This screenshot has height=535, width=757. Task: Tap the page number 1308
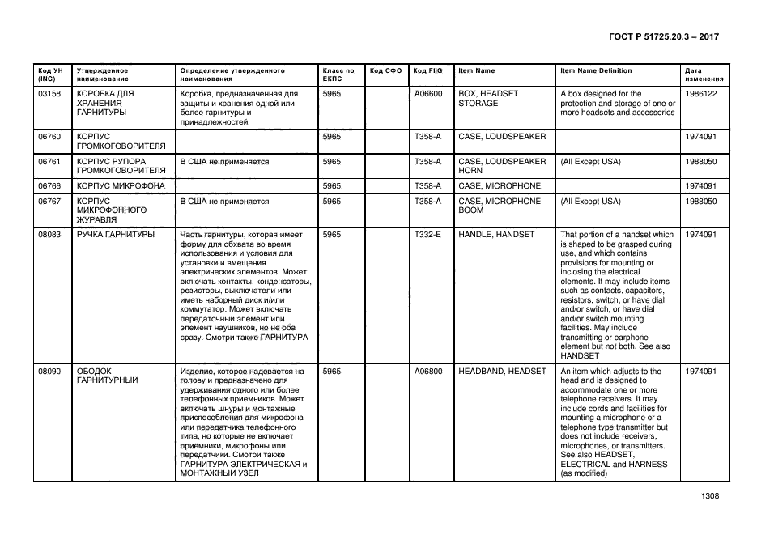coord(710,497)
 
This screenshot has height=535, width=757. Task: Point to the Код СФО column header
coord(385,70)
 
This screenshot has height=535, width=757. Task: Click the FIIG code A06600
coord(427,94)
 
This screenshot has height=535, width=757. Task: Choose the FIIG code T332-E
coord(427,235)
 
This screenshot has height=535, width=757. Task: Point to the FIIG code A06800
coord(427,372)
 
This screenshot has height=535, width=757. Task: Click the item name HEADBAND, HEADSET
coord(502,372)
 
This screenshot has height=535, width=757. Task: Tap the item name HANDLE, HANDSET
coord(496,235)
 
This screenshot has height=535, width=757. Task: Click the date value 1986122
coord(700,94)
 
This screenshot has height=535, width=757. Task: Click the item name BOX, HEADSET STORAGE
coord(488,99)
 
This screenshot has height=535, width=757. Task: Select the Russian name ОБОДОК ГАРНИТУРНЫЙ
coord(107,376)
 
